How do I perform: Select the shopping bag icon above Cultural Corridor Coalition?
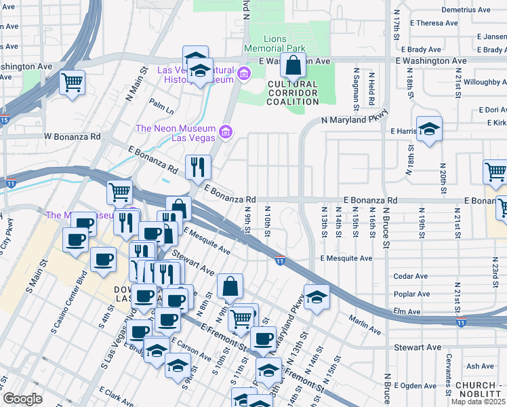[293, 66]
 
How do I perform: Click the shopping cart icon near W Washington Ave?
[72, 83]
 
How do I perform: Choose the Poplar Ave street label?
[412, 294]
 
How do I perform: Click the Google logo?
[22, 399]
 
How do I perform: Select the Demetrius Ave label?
[466, 9]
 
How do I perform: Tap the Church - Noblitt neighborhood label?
[479, 389]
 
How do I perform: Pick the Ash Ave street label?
[481, 366]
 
